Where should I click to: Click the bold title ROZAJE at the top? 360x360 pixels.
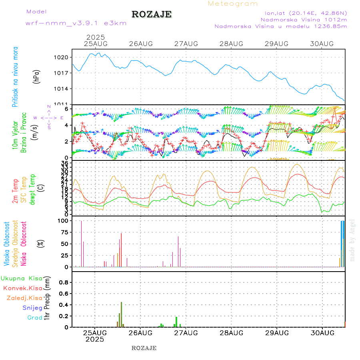tap(152, 14)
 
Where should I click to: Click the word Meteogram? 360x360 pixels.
tap(233, 4)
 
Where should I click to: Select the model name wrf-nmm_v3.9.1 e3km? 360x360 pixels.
tap(76, 23)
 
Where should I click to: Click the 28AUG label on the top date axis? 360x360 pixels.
tap(231, 43)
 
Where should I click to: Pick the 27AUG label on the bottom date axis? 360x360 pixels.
tap(186, 333)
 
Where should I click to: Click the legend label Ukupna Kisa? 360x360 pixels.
tap(21, 278)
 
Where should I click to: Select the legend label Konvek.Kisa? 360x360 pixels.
tap(22, 288)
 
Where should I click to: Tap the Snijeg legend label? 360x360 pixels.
tap(32, 308)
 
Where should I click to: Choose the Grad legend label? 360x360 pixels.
tap(35, 318)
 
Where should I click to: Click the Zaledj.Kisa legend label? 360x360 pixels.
tap(24, 298)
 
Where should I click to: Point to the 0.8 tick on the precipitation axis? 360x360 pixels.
tap(63, 282)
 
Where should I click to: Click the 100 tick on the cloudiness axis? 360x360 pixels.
tap(62, 221)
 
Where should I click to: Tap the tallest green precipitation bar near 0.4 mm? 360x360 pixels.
tap(121, 314)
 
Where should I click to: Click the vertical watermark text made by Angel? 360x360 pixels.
tap(352, 240)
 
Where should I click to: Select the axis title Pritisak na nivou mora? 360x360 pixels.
tap(16, 76)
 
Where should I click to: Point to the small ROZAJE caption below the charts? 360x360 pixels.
tap(144, 348)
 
